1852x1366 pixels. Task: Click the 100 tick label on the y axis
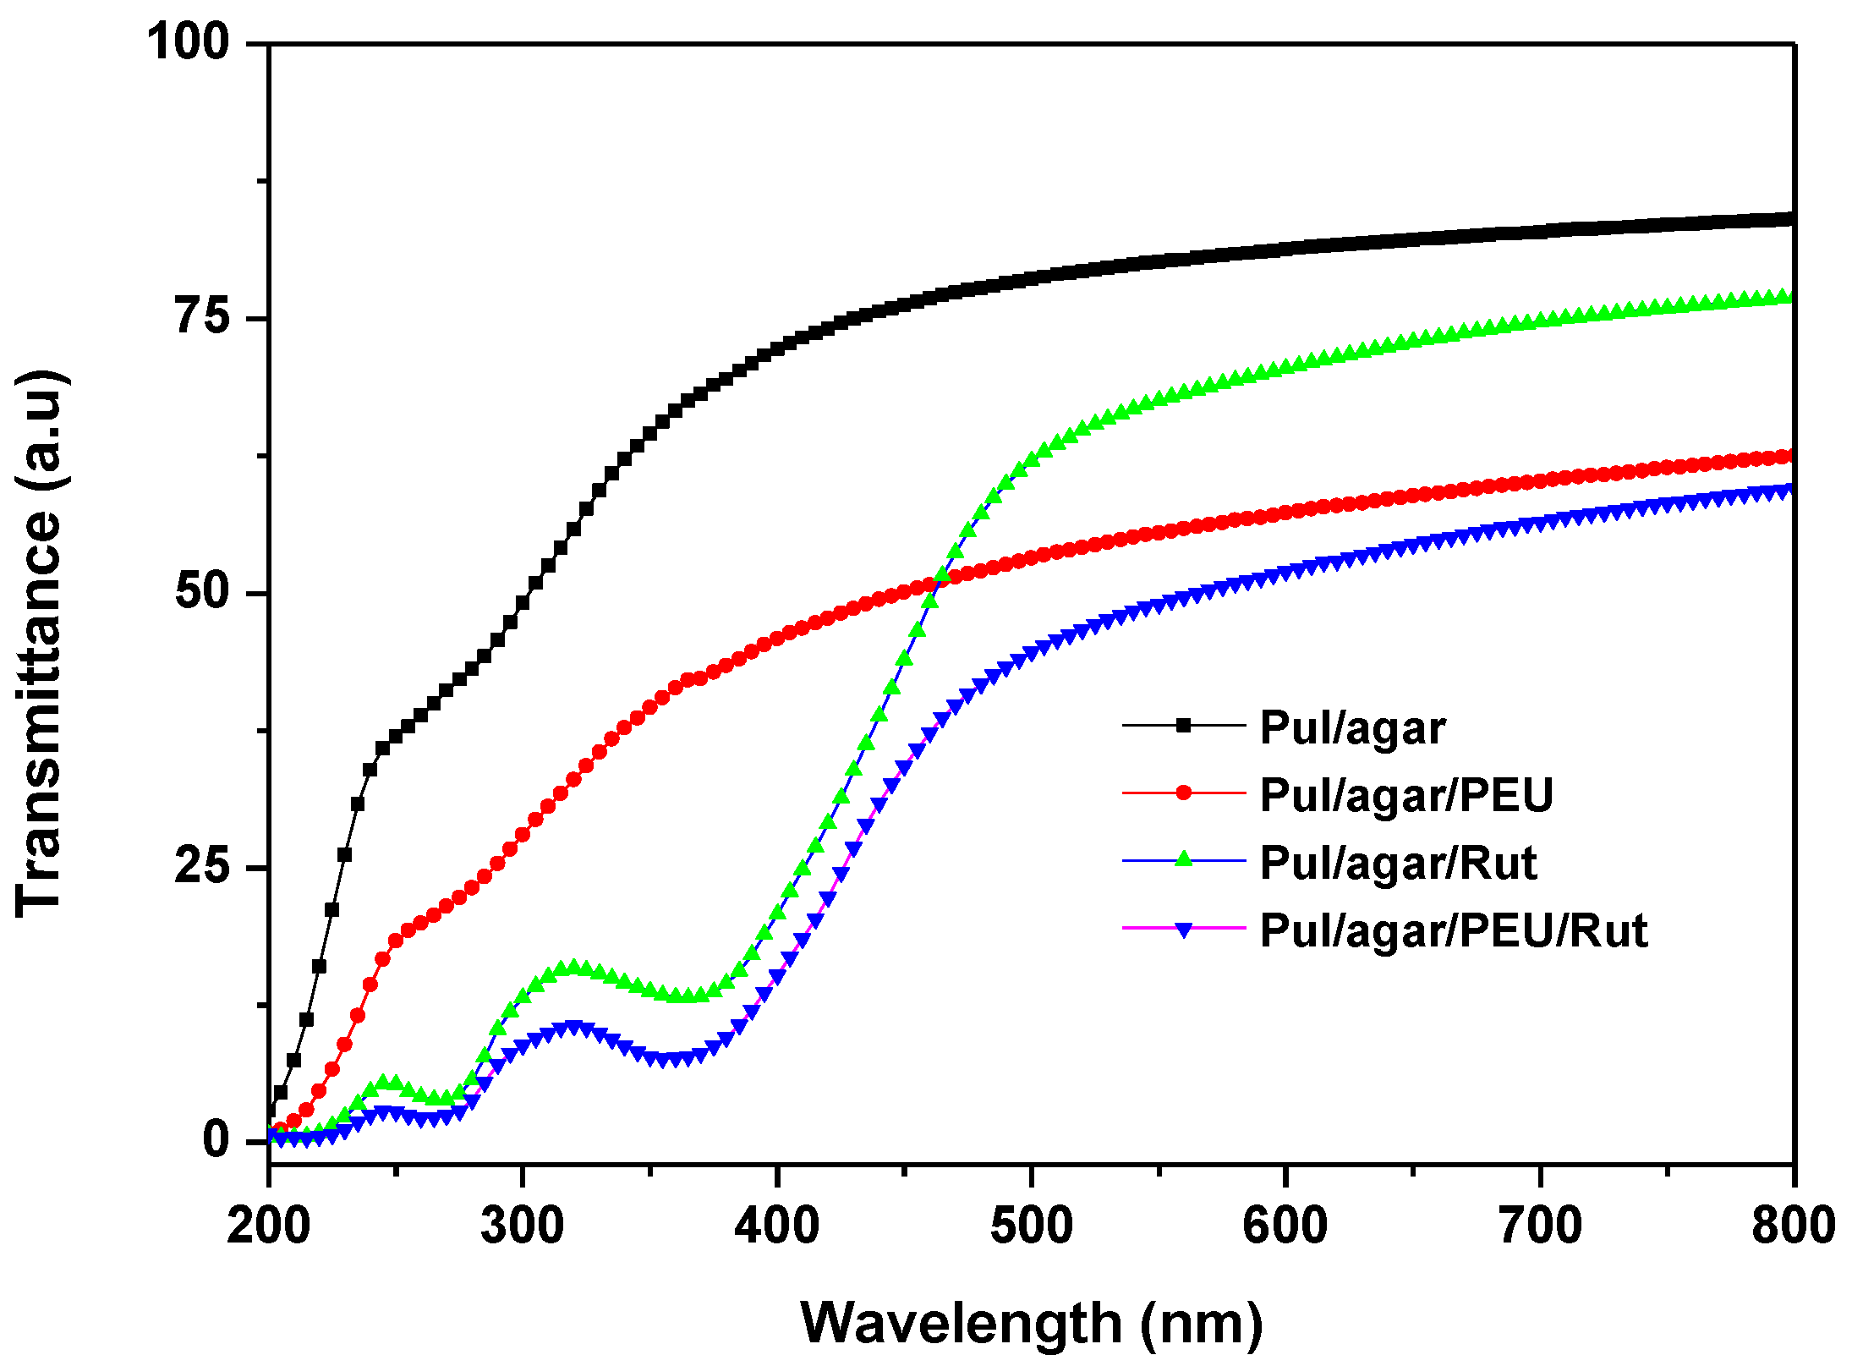point(188,41)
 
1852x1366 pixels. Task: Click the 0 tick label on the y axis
point(216,1141)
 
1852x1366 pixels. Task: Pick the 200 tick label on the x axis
point(268,1225)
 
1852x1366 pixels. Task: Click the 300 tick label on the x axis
point(523,1225)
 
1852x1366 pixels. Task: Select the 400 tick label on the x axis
point(776,1225)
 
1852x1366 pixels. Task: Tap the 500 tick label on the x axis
point(1031,1225)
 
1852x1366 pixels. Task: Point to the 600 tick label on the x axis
point(1285,1225)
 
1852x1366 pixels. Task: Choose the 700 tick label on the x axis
point(1540,1225)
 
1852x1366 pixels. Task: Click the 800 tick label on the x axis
point(1793,1225)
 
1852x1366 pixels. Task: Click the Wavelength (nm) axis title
point(1031,1323)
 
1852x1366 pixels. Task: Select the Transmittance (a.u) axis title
point(41,643)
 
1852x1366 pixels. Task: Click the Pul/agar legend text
point(1352,727)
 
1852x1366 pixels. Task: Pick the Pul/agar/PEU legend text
point(1406,795)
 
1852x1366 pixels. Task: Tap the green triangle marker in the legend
point(1184,860)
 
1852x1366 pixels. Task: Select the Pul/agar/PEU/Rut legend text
point(1454,930)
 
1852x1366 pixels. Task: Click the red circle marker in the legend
point(1184,793)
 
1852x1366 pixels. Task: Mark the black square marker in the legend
point(1184,725)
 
